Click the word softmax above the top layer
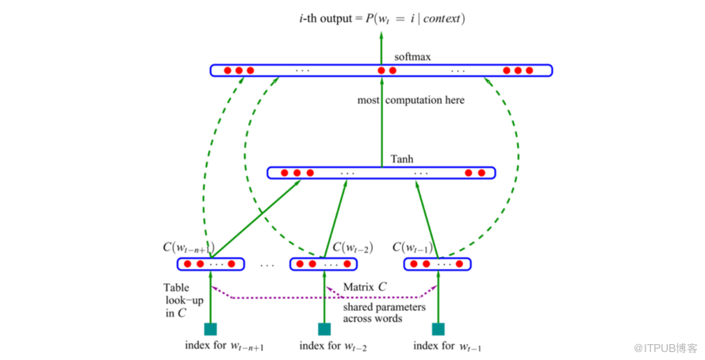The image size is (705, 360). tap(412, 57)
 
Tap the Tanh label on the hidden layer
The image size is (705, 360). tap(402, 159)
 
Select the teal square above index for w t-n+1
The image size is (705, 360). tap(210, 328)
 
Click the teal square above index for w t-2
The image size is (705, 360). tap(324, 328)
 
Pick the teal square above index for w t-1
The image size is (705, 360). tap(437, 328)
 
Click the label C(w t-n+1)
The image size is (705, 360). tap(190, 247)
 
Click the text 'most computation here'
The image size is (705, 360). tap(411, 101)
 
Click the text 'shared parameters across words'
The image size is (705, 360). tap(383, 312)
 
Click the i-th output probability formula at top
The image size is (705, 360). tap(377, 17)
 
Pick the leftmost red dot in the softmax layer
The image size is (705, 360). tap(227, 71)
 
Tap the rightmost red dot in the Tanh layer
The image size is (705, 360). tap(481, 173)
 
